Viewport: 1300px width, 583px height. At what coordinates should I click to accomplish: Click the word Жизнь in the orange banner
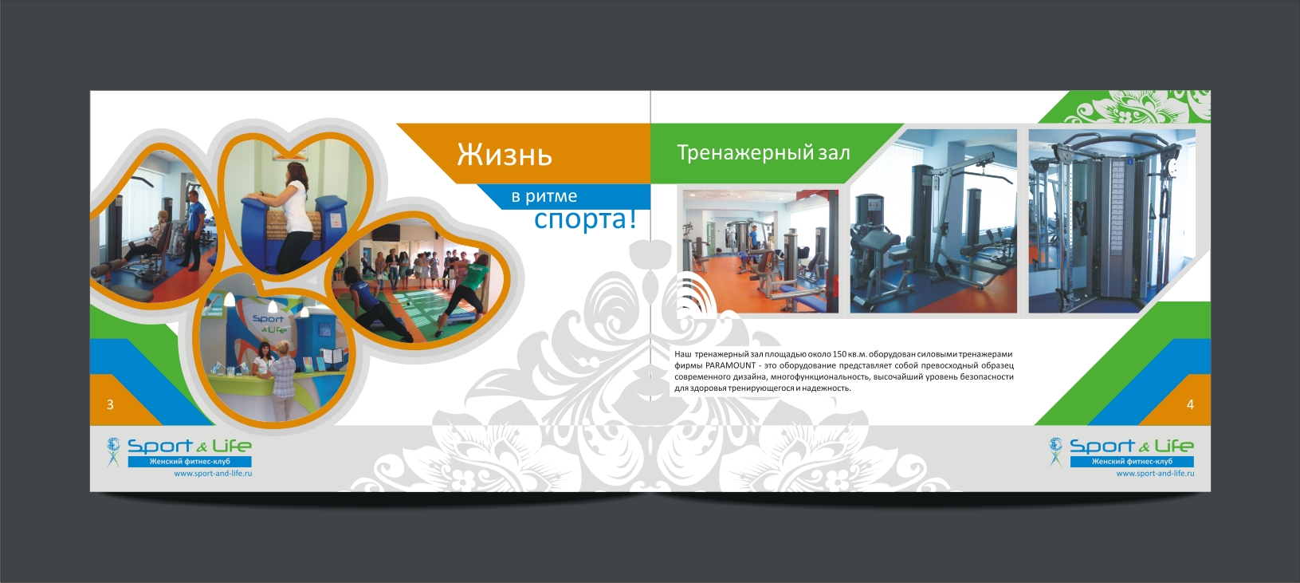tap(505, 155)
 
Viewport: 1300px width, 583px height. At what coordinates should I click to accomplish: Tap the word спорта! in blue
tap(585, 219)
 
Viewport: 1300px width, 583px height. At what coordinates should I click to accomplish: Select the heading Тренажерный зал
tap(763, 152)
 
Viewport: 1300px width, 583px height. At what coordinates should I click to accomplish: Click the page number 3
tap(110, 404)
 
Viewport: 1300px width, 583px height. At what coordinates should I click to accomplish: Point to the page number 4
tap(1190, 404)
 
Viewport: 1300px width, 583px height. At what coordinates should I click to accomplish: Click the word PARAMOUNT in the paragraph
tap(731, 365)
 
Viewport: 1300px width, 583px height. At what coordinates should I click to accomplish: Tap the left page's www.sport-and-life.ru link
tap(213, 473)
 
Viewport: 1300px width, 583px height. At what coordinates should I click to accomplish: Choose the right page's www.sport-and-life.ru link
tap(1155, 473)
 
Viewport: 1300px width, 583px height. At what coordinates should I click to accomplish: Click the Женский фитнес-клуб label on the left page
tap(190, 462)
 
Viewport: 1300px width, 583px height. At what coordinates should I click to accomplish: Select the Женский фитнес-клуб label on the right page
tap(1132, 462)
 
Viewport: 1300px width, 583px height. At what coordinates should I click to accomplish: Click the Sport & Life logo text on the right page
tap(1132, 446)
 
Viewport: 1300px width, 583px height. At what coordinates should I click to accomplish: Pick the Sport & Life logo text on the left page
tap(190, 446)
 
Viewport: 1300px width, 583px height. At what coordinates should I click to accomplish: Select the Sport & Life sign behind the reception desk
tap(269, 324)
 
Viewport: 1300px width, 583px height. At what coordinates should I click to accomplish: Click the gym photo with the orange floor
tap(760, 251)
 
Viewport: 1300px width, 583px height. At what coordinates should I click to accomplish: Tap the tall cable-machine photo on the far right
tap(1112, 221)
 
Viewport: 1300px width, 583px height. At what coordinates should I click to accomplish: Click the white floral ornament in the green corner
tap(1137, 107)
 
